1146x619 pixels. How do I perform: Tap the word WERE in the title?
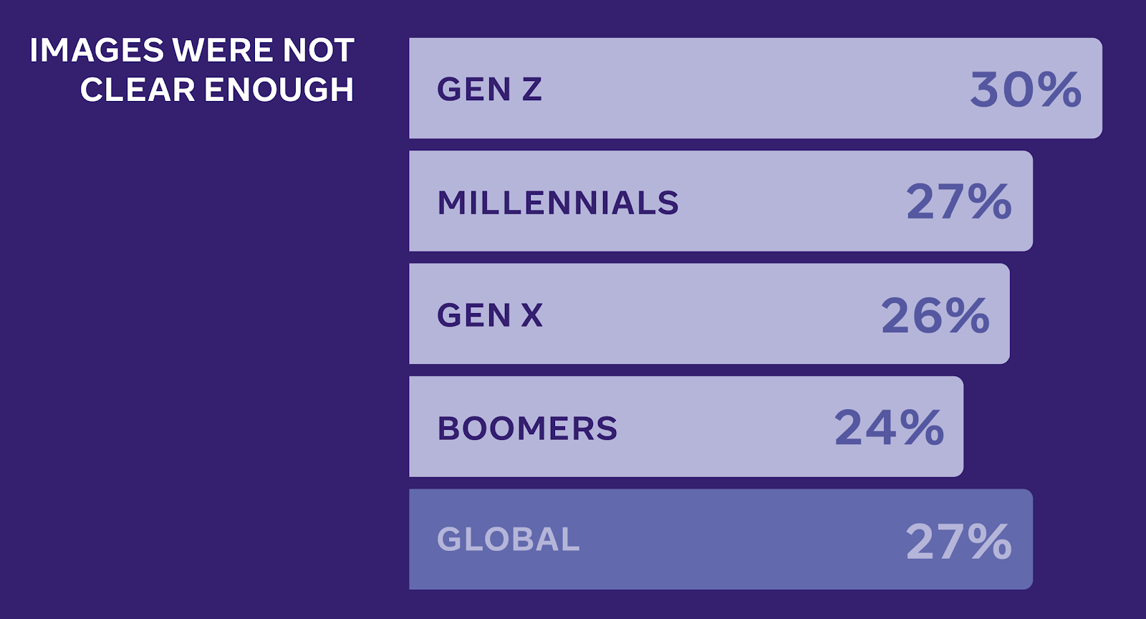(223, 50)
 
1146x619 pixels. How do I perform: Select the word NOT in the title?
(318, 50)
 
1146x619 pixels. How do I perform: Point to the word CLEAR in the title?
(138, 90)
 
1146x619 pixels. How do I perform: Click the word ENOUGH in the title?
(279, 90)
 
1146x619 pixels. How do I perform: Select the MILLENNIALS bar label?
(558, 203)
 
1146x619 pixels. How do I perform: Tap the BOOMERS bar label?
(527, 428)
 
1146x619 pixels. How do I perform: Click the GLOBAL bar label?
(509, 539)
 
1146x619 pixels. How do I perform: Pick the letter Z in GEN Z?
(532, 89)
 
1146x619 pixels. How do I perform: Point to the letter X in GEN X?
(532, 315)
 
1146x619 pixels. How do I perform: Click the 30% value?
(1026, 90)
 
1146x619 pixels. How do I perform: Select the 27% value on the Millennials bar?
(959, 202)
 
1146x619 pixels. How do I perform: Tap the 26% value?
(935, 315)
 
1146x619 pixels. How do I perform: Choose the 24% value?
(889, 428)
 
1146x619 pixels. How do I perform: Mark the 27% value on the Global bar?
(959, 541)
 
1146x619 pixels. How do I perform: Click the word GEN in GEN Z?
(474, 89)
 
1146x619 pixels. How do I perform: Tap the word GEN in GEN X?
(474, 315)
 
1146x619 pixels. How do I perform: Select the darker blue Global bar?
(721, 539)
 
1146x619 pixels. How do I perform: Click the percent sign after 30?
(1059, 90)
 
